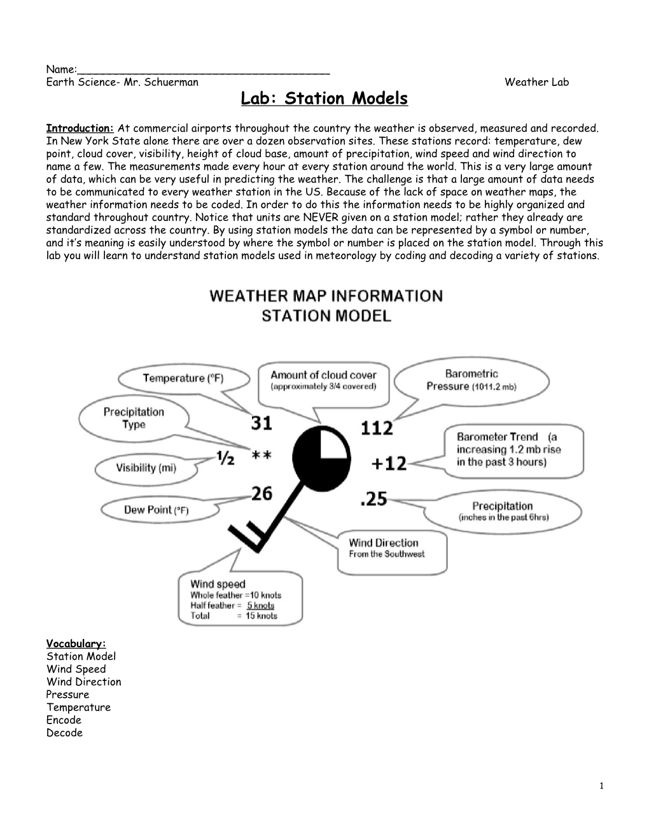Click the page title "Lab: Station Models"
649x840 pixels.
[x=324, y=99]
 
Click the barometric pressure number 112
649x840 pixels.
[x=377, y=428]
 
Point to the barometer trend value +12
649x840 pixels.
[x=389, y=463]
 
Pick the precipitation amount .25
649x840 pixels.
[x=373, y=500]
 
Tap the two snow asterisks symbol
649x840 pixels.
[x=262, y=456]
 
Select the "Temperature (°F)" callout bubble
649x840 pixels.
[x=183, y=379]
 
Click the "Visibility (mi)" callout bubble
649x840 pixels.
[x=146, y=468]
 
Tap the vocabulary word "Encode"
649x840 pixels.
[x=64, y=720]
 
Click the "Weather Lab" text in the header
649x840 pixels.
[x=536, y=82]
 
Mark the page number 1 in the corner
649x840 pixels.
[x=601, y=787]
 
